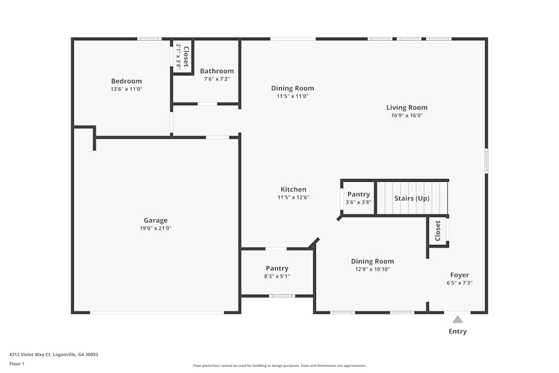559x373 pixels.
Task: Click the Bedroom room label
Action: coord(126,81)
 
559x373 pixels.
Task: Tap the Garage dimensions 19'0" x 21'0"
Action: coord(155,228)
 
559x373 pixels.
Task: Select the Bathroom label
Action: coord(217,71)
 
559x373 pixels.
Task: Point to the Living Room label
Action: coord(407,107)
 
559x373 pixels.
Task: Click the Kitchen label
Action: coord(293,190)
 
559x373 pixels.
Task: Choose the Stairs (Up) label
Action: coord(412,199)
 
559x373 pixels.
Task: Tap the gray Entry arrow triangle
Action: coord(458,319)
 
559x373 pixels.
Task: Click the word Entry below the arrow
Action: coord(458,332)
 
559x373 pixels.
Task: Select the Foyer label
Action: coord(459,275)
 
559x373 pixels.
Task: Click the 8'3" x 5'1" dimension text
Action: coord(277,276)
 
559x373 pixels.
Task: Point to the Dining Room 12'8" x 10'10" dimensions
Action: coord(372,269)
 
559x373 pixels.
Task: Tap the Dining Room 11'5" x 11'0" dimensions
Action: coord(292,96)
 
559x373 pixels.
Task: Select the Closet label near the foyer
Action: coord(438,230)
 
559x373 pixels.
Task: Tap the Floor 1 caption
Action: coord(17,363)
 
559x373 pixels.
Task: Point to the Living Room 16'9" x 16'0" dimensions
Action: coord(407,116)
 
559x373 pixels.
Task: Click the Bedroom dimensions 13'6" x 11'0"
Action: coord(126,89)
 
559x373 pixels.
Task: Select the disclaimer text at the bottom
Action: coord(279,366)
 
